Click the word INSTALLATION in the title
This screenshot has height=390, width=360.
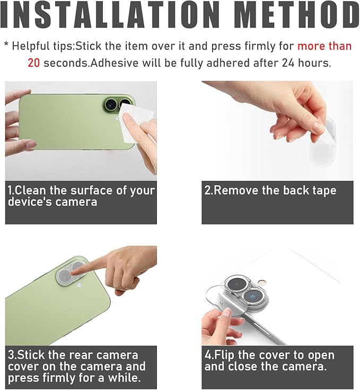109,15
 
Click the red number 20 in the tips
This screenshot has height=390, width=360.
33,63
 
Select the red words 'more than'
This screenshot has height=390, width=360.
324,46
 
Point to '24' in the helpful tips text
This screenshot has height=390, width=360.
288,63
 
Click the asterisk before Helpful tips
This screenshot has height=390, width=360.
6,45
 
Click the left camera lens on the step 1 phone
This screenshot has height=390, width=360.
110,103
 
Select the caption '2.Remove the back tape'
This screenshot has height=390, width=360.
270,190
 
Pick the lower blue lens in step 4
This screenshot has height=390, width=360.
252,297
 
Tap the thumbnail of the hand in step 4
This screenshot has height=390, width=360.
226,313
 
